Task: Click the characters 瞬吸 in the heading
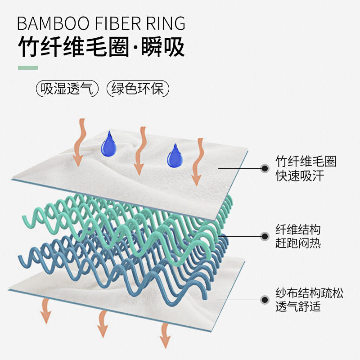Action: coord(163,46)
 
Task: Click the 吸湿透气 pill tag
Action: coord(67,89)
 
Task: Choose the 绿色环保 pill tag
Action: coord(138,89)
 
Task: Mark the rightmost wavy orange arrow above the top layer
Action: coord(197,162)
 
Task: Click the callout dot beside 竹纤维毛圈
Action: coord(265,168)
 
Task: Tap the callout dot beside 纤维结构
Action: coord(265,235)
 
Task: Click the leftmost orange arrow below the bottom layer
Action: coord(45,311)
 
